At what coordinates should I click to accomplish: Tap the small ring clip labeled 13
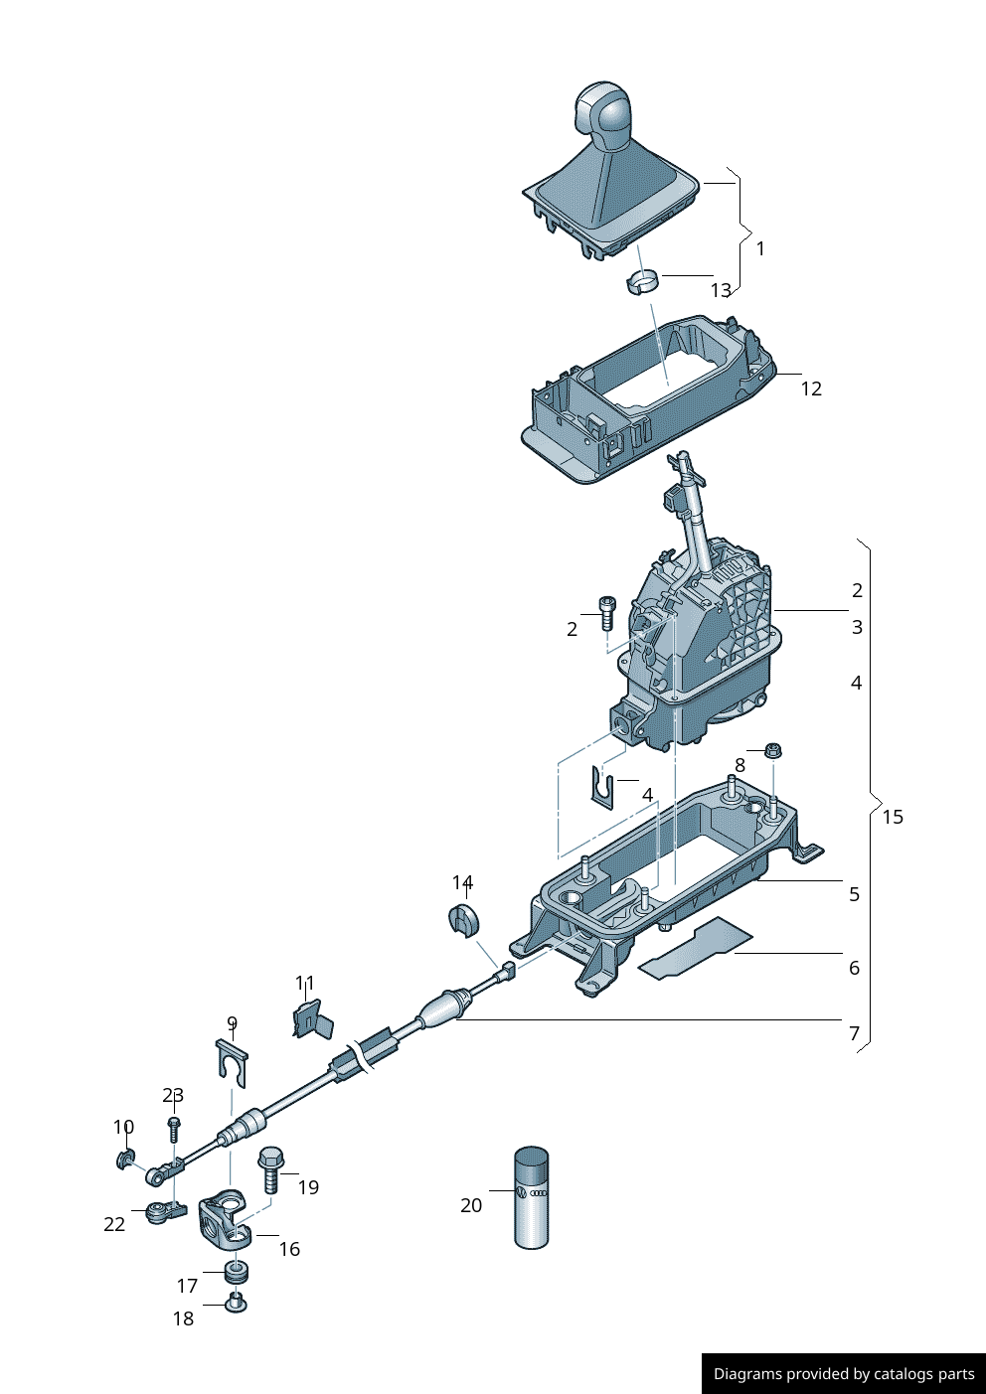coord(643,282)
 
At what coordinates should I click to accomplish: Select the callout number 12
coord(811,389)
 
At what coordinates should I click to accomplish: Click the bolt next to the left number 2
coord(607,612)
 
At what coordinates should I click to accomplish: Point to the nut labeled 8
coord(772,750)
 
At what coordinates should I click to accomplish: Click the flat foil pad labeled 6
coord(696,948)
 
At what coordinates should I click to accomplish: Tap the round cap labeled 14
coord(463,920)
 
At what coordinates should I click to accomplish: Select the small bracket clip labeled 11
coord(312,1018)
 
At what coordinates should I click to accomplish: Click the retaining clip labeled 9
coord(233,1061)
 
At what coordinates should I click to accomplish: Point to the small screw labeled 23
coord(174,1129)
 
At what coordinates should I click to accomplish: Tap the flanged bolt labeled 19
coord(271,1168)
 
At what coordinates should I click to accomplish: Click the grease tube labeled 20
coord(532,1197)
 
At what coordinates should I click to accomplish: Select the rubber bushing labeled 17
coord(237,1273)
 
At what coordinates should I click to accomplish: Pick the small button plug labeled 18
coord(236,1302)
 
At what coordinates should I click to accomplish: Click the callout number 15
coord(893,817)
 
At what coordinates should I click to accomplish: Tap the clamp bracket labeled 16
coord(225,1220)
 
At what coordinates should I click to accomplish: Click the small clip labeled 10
coord(126,1159)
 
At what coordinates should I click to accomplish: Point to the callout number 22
coord(114,1224)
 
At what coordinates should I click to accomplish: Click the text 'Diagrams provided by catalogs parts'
coord(844,1374)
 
